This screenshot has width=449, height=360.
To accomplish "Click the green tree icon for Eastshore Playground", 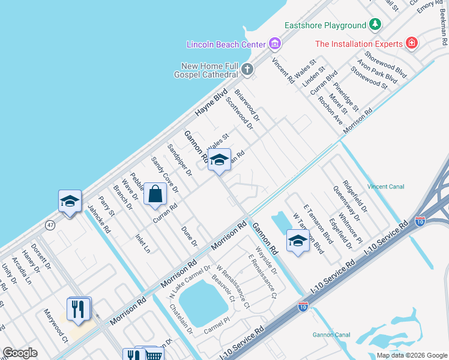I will point(375,25).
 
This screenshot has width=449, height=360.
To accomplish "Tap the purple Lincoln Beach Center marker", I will point(276,44).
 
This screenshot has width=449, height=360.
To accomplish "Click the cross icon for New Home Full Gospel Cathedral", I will point(247,70).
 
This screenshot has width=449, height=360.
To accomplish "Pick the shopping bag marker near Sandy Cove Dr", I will point(155,194).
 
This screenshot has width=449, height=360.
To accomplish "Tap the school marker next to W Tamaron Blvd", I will point(298,241).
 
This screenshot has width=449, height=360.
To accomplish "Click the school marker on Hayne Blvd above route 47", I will point(70,201).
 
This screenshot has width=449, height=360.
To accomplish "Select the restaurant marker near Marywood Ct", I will point(79,309).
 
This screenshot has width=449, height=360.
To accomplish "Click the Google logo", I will point(20,353).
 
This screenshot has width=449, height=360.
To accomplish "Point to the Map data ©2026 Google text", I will point(411,355).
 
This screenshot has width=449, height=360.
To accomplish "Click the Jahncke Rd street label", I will point(100,220).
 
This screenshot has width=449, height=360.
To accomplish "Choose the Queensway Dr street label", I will point(346,203).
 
